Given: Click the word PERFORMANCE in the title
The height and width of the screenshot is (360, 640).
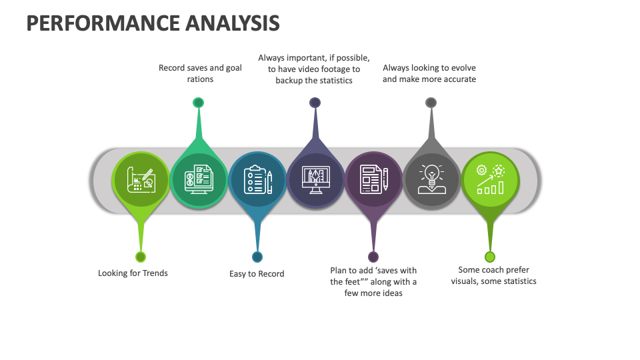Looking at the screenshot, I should (x=100, y=23).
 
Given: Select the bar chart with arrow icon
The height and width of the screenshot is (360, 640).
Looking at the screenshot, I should (x=490, y=179).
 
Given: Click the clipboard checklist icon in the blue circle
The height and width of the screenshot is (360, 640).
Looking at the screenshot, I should (x=257, y=179).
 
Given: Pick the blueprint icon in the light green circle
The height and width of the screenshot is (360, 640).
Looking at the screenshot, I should (x=141, y=179).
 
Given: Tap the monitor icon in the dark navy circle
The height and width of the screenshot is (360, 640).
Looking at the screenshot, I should (x=315, y=179).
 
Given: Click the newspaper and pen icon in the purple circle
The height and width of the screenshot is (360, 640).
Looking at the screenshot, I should (x=373, y=179).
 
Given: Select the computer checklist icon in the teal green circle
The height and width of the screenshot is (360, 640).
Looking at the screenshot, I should (x=198, y=179).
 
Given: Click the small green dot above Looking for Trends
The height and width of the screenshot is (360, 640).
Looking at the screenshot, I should (x=141, y=257).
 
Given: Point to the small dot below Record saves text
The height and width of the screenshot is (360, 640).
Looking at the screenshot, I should (x=198, y=103).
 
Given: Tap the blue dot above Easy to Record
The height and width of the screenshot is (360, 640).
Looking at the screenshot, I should (x=257, y=257).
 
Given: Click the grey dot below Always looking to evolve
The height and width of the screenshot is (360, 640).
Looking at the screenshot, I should (x=431, y=103).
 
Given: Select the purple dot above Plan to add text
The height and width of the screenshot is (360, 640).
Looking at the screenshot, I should (x=373, y=257).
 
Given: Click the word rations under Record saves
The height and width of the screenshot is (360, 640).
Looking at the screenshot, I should (x=200, y=79).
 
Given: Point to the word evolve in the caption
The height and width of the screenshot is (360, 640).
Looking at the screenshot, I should (x=463, y=67).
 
